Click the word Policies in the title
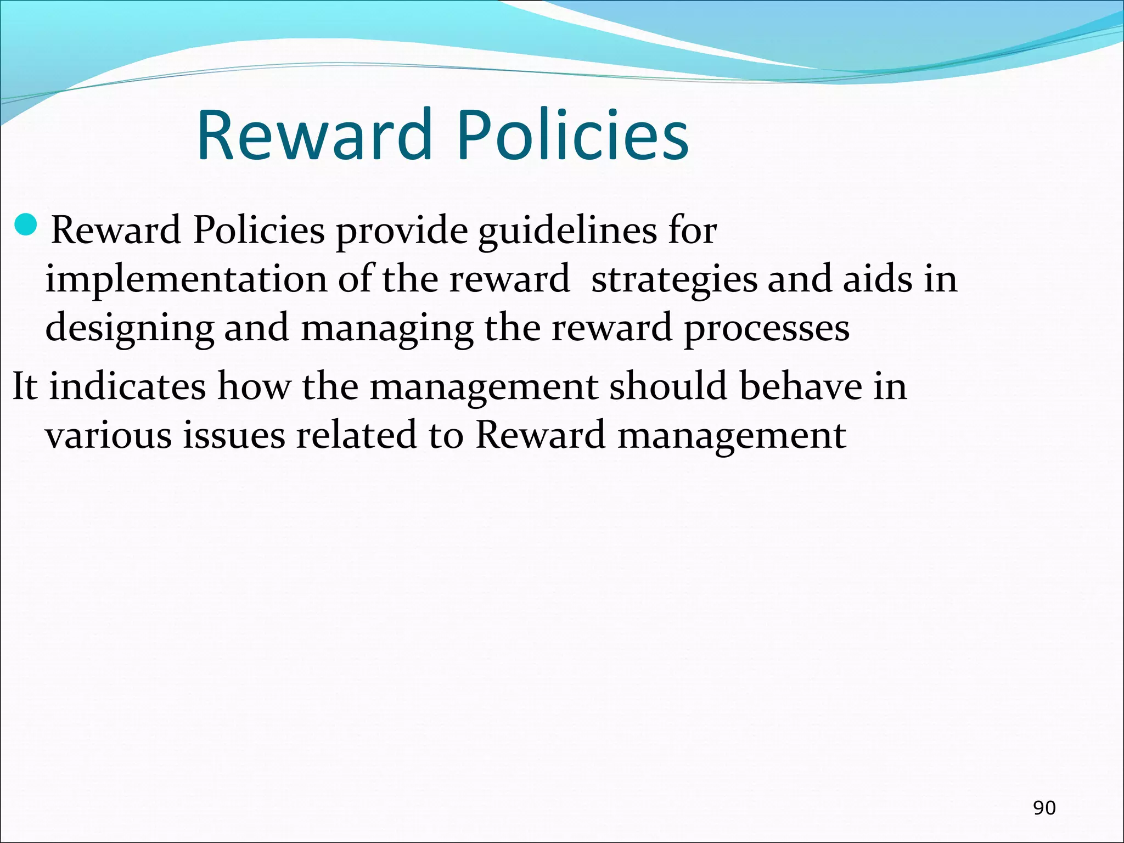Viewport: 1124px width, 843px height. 572,135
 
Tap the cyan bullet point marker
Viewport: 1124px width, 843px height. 25,224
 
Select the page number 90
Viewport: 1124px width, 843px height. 1044,807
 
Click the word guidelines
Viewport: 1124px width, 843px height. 567,231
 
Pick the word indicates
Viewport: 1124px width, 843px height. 128,386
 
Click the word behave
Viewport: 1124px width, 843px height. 800,386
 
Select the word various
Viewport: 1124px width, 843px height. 108,435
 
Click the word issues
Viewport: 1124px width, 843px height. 234,435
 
